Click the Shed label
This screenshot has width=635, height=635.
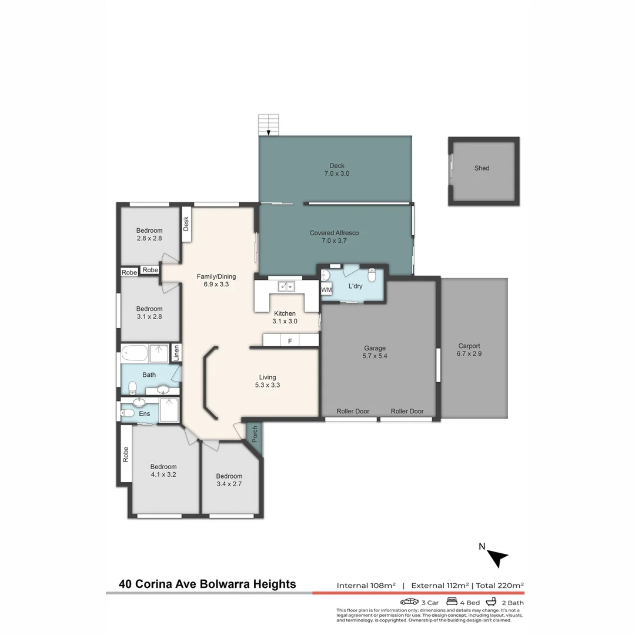(482, 168)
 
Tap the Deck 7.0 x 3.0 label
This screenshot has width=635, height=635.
(337, 170)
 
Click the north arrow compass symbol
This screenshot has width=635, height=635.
(497, 557)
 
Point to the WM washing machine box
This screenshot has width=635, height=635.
(326, 290)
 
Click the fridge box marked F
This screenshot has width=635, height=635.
(290, 340)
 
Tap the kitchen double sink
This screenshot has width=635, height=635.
(286, 286)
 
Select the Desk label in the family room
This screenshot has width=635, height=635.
(186, 223)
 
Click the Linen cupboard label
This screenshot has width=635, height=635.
(176, 353)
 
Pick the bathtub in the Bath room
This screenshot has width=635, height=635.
(135, 355)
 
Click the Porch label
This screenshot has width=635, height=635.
(255, 434)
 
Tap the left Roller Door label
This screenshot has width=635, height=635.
(353, 411)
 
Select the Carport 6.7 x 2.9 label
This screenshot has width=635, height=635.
(469, 350)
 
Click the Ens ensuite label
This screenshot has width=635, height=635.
(145, 413)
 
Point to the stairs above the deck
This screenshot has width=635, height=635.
(268, 125)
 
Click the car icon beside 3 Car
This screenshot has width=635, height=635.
(410, 601)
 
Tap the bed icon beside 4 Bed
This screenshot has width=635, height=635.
(452, 601)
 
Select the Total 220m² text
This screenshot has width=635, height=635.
(499, 585)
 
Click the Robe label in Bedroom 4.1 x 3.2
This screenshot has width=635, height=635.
(125, 454)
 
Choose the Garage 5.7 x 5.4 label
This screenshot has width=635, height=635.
(375, 352)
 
